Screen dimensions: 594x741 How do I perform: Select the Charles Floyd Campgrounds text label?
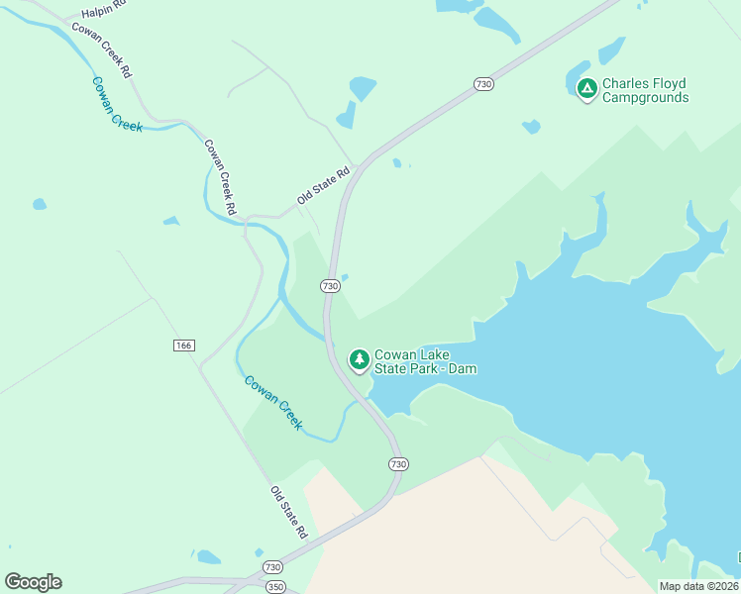click(x=645, y=90)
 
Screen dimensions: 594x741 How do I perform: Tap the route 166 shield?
click(x=183, y=346)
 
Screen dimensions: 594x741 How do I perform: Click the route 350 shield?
click(x=274, y=586)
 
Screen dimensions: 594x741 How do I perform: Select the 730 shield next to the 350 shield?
click(x=273, y=567)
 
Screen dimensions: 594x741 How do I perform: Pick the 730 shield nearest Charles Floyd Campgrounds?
click(x=482, y=84)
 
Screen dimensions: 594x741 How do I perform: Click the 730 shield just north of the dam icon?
click(x=330, y=286)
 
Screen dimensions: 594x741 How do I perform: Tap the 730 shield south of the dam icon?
click(x=398, y=464)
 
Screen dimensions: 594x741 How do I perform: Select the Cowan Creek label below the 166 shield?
click(x=273, y=401)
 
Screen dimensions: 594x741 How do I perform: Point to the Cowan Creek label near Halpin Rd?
click(x=117, y=104)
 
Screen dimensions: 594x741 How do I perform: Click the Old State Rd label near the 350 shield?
click(x=289, y=512)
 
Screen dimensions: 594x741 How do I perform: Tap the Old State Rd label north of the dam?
click(x=324, y=185)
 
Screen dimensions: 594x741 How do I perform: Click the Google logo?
click(x=33, y=582)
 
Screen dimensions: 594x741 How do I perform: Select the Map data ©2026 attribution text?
click(x=698, y=586)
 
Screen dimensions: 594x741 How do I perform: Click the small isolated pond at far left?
click(x=39, y=205)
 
